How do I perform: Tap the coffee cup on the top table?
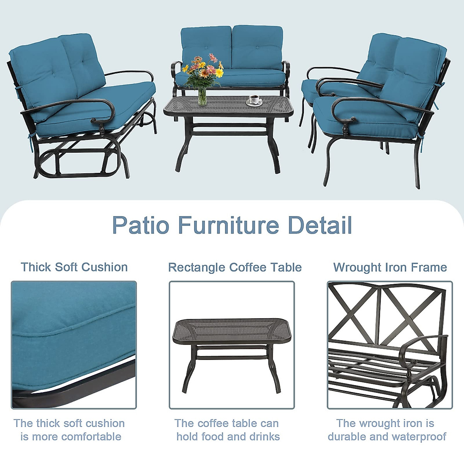(x=254, y=100)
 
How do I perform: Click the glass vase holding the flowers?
(x=202, y=96)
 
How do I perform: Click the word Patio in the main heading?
(x=141, y=225)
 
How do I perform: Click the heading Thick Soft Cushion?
(x=74, y=267)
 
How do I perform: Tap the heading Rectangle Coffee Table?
(x=235, y=267)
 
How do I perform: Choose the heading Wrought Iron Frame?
(x=390, y=267)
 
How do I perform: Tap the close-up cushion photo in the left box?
(x=74, y=345)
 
